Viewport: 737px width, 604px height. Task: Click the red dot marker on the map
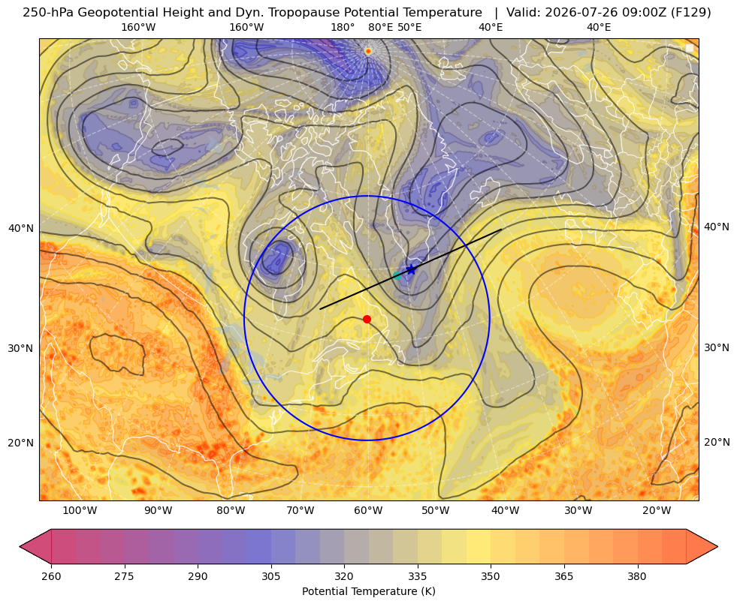click(x=367, y=319)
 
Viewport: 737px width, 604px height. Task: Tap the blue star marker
click(x=411, y=269)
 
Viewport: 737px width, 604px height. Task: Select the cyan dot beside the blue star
click(x=397, y=275)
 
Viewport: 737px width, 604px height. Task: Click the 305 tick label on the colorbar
click(x=270, y=576)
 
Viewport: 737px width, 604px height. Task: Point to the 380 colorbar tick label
click(x=637, y=576)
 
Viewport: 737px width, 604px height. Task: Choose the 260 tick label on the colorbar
click(x=51, y=576)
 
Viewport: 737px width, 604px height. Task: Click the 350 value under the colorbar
click(x=491, y=576)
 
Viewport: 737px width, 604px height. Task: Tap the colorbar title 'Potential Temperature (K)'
click(x=368, y=591)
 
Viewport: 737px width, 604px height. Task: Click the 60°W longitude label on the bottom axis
click(x=368, y=511)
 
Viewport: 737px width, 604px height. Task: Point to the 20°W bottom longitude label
click(x=657, y=511)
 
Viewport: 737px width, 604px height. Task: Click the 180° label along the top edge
click(x=343, y=27)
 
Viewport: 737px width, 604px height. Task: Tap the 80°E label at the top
click(x=380, y=27)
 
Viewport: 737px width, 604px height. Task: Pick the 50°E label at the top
click(x=409, y=27)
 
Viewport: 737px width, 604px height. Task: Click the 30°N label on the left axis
click(x=21, y=348)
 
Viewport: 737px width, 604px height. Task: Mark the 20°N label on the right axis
click(x=717, y=442)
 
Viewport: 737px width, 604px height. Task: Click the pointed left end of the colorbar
click(x=20, y=546)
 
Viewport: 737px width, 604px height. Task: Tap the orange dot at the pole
click(x=368, y=51)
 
